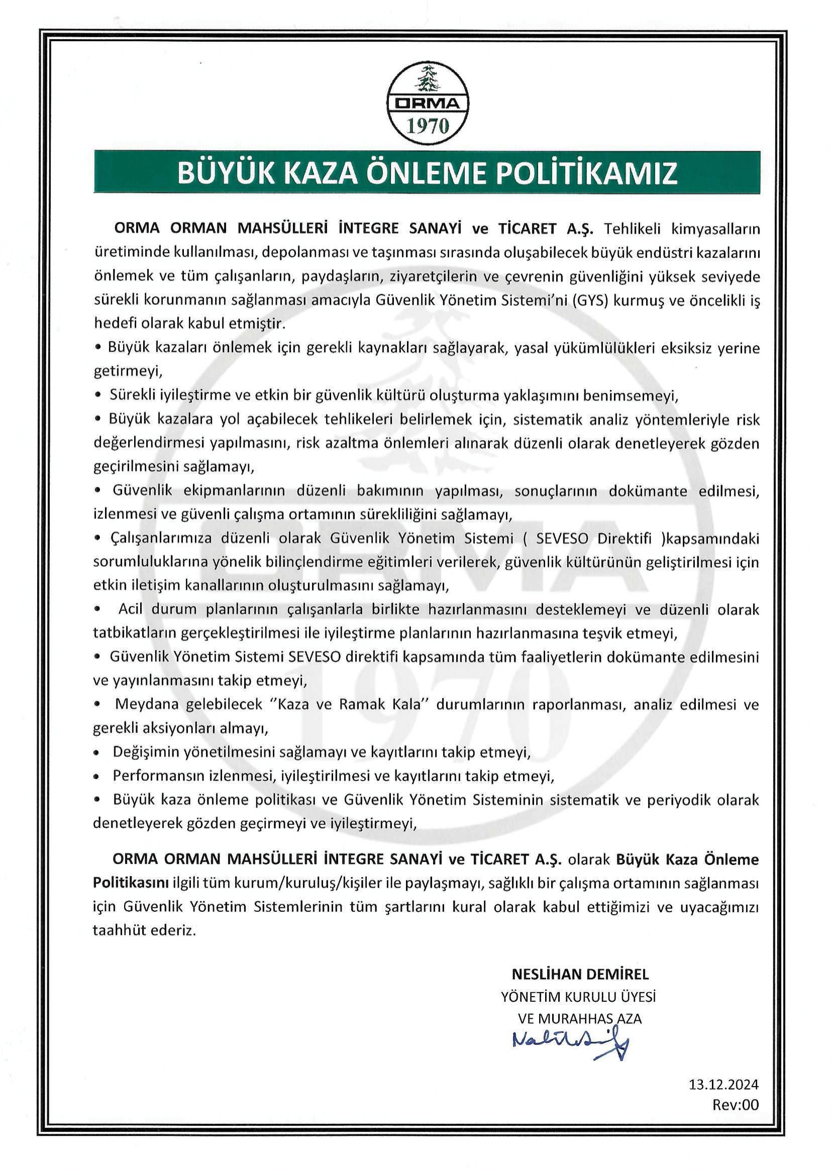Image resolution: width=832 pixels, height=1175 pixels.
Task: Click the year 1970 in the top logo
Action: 427,126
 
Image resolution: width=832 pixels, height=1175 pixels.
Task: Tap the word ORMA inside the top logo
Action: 427,104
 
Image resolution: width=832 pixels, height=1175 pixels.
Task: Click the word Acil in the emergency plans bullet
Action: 130,609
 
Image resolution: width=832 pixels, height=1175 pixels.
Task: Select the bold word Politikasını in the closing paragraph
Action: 131,883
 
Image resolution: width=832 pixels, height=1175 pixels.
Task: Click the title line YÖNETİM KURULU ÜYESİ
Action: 578,997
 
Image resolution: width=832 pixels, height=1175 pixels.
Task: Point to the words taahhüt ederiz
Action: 145,930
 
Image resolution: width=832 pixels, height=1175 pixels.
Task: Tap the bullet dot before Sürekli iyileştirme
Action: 98,396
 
